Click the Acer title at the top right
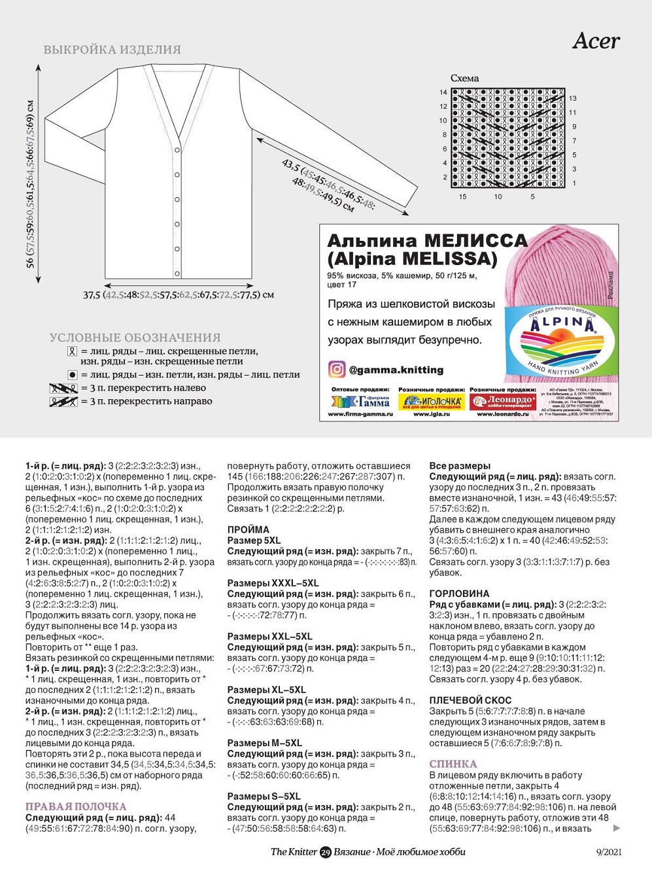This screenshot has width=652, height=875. tap(596, 41)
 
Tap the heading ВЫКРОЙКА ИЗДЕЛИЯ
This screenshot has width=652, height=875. tap(112, 50)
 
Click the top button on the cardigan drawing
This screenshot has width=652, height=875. tap(177, 151)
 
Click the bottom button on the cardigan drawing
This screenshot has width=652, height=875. tap(177, 273)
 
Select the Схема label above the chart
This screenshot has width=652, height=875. tap(464, 78)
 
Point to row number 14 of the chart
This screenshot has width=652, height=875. tap(443, 92)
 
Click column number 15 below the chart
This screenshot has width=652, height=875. tap(463, 196)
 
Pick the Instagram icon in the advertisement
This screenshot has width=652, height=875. tap(336, 370)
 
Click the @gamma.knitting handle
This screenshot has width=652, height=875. tap(396, 370)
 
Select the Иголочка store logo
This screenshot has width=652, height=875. tap(431, 401)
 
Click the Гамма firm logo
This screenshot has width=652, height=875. tap(360, 401)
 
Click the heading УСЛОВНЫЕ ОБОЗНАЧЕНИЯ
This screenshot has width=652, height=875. tap(135, 338)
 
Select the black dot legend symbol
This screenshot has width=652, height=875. tap(73, 375)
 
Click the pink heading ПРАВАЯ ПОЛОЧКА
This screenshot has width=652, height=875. tap(76, 806)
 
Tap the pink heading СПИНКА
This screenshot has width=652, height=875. tap(453, 764)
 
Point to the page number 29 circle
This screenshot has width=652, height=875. tap(326, 852)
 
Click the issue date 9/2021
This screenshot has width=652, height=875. tap(609, 852)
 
